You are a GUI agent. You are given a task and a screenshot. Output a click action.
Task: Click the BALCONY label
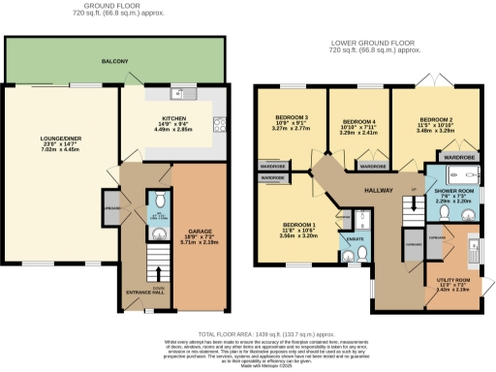pyautogui.click(x=115, y=61)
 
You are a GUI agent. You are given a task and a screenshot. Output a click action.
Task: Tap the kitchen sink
pyautogui.click(x=176, y=94)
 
